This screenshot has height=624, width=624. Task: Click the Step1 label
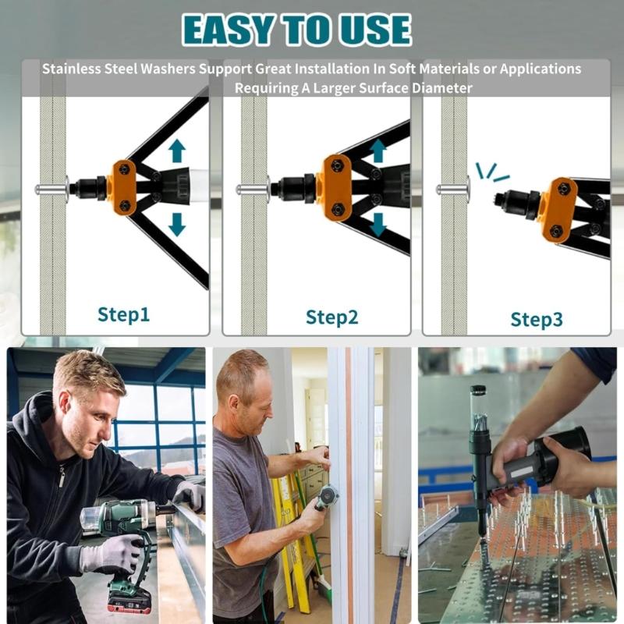123,314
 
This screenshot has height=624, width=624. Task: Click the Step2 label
331,317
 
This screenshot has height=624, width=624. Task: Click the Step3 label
537,319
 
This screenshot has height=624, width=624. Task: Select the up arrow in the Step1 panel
177,151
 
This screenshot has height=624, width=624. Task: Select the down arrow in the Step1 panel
177,223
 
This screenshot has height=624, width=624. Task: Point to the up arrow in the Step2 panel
378,151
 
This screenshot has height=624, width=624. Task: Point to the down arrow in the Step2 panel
378,224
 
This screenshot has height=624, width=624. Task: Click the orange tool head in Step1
123,186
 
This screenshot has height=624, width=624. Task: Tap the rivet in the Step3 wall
452,188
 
